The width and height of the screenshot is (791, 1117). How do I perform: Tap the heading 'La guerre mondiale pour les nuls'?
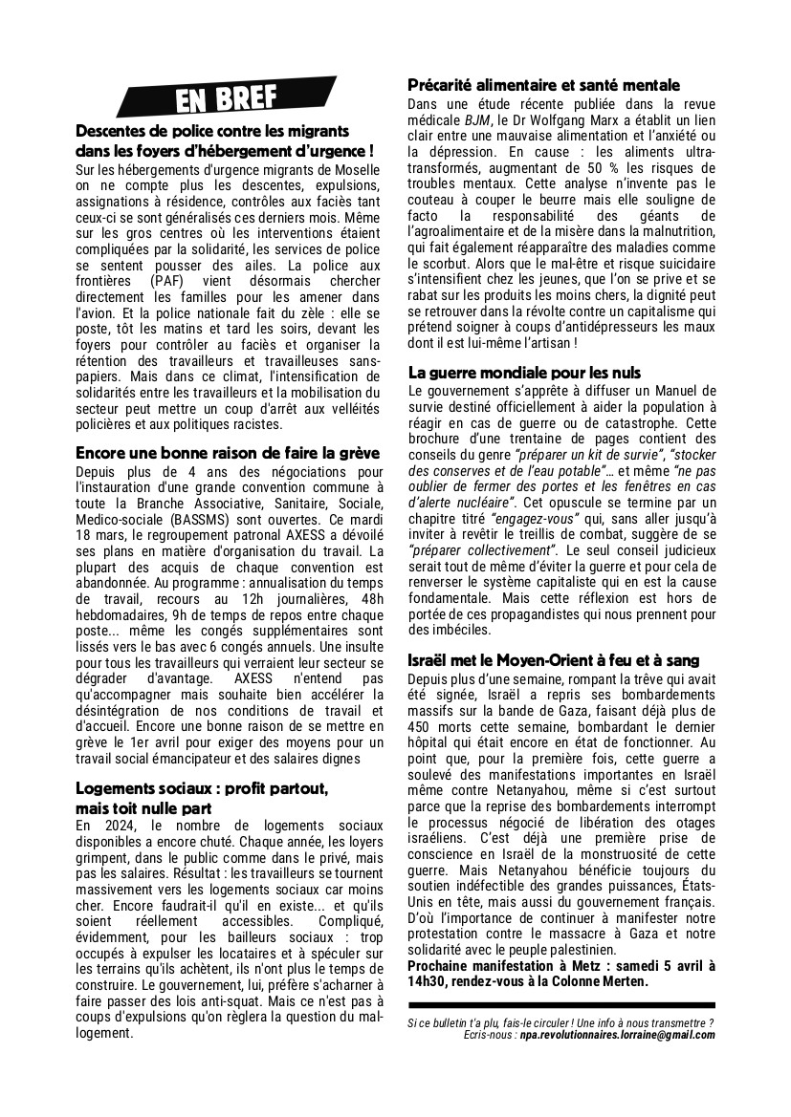point(538,373)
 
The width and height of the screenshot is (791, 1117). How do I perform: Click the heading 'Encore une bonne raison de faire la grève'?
point(228,453)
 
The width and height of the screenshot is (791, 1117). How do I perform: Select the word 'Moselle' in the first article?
point(353,169)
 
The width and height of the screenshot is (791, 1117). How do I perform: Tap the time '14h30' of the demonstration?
point(426,981)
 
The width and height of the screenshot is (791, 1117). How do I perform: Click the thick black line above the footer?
point(561,1006)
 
